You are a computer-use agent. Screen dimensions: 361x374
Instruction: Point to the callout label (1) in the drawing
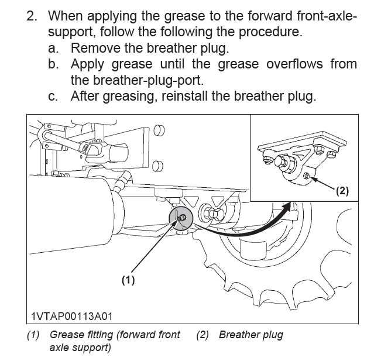pos(128,280)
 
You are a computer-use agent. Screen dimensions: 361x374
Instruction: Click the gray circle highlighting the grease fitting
pos(182,218)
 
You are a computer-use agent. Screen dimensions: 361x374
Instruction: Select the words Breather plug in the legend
pos(251,335)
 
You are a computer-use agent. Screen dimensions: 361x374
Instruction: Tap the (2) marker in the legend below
pos(203,335)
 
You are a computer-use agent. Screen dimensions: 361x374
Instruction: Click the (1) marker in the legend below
pos(33,335)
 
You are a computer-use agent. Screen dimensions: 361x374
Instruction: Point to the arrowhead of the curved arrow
pos(289,207)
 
